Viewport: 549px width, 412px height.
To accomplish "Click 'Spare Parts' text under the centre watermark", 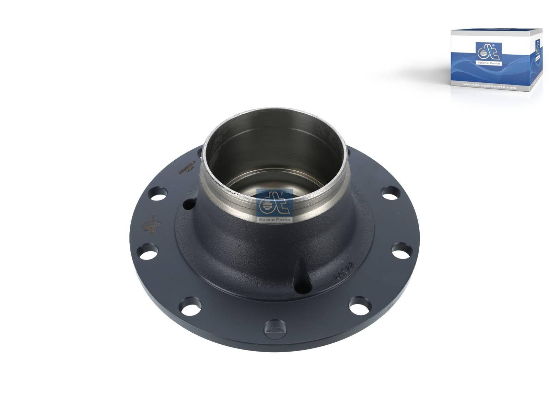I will pyautogui.click(x=274, y=219).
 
